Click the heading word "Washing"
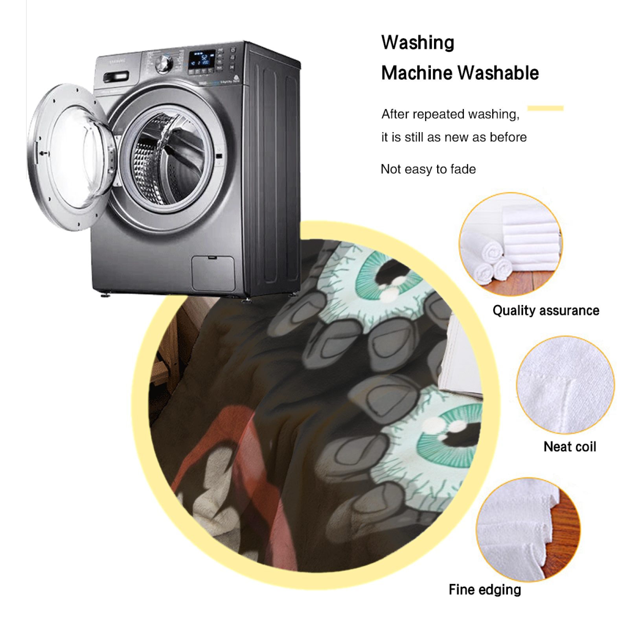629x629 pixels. [x=417, y=42]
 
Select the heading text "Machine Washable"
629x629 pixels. [x=460, y=73]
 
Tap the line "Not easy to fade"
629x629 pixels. [x=428, y=169]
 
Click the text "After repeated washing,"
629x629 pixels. [x=451, y=114]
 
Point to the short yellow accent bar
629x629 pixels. [x=545, y=108]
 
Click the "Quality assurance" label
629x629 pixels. [x=546, y=311]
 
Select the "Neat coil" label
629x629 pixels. [x=570, y=447]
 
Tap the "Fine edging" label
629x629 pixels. [x=485, y=589]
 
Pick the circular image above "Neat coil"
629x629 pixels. [x=565, y=384]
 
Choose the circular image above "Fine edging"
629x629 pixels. [x=528, y=530]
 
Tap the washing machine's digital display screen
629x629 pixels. [x=202, y=60]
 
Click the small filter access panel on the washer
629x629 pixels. [x=213, y=273]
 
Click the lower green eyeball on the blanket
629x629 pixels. [x=450, y=434]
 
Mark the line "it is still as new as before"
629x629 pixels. [x=454, y=137]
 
